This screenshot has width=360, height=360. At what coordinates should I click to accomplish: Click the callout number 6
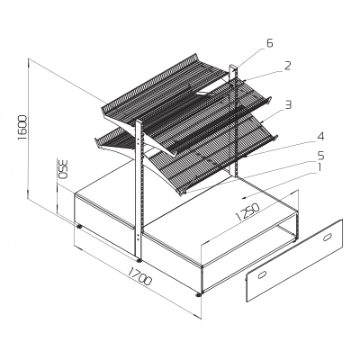click(269, 43)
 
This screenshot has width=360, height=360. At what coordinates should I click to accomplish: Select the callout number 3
click(287, 104)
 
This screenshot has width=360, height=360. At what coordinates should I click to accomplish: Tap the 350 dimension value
click(62, 170)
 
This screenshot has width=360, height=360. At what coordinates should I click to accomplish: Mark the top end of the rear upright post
click(234, 67)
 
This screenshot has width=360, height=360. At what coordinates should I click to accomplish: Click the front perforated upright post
click(138, 189)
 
